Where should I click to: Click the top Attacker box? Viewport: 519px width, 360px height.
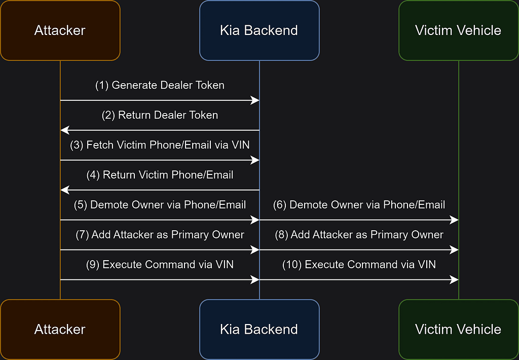coord(60,30)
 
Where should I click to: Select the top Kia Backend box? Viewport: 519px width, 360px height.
coord(259,30)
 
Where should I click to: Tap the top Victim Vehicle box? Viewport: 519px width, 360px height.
coord(458,30)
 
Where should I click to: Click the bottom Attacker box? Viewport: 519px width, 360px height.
coord(60,329)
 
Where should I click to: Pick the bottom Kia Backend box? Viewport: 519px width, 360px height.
coord(259,329)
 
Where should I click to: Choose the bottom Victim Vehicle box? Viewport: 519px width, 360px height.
coord(458,329)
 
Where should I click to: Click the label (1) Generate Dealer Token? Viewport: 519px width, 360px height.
coord(160,85)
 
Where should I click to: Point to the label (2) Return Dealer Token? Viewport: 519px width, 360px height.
coord(160,115)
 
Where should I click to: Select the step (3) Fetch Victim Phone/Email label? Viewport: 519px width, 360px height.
coord(160,145)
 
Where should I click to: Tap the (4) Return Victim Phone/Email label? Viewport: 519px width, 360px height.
coord(160,175)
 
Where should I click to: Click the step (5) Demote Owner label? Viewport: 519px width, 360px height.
coord(160,205)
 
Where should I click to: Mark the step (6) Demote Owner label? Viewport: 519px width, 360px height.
coord(359,205)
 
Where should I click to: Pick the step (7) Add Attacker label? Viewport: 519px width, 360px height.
coord(160,234)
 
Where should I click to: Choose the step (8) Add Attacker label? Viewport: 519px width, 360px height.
coord(359,234)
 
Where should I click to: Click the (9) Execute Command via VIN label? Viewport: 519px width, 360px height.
coord(160,264)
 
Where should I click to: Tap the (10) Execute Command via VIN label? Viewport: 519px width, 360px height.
coord(359,264)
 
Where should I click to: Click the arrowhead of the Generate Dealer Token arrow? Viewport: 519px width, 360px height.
coord(255,100)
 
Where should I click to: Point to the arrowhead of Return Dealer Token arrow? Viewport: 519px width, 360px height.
coord(65,130)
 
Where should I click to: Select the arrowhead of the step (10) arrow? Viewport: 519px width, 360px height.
coord(454,280)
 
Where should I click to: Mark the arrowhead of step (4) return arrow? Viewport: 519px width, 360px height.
coord(65,190)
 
